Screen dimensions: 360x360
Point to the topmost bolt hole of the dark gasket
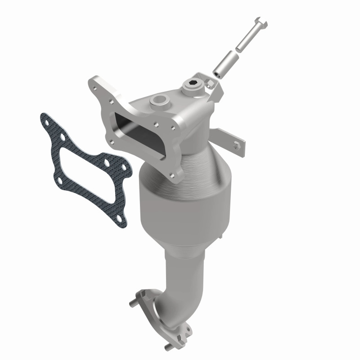click(x=45, y=119)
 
